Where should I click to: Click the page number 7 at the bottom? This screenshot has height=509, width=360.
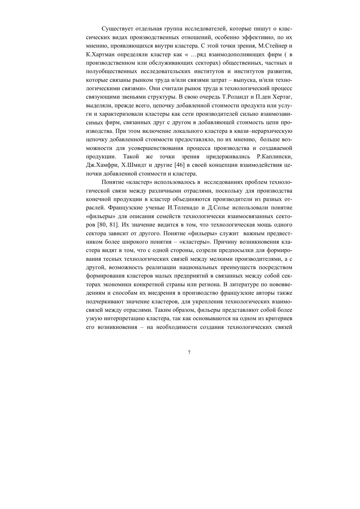(x=189, y=353)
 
